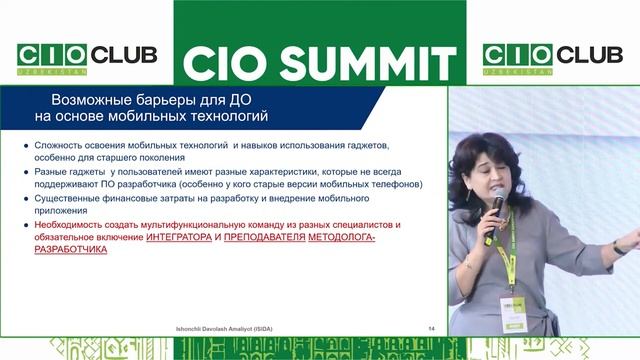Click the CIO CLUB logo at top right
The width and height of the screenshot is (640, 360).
(x=552, y=57)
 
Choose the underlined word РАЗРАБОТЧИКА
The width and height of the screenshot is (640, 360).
(x=71, y=251)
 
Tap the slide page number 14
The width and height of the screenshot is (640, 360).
(x=431, y=328)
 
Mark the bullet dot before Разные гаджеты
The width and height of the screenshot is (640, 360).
(x=26, y=172)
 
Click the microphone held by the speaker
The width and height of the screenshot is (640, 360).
(x=497, y=201)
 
